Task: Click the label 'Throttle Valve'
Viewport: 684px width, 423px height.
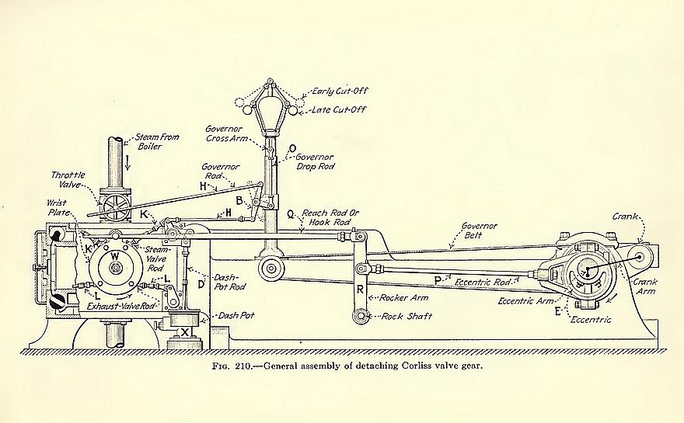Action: click(x=68, y=180)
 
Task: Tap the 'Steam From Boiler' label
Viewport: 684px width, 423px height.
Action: click(x=157, y=143)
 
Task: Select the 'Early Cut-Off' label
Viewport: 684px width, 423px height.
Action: click(x=339, y=91)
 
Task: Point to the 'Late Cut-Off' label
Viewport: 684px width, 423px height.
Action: click(x=339, y=109)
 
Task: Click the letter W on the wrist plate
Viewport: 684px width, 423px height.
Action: click(x=114, y=255)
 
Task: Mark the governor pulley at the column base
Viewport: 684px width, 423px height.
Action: click(x=271, y=269)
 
